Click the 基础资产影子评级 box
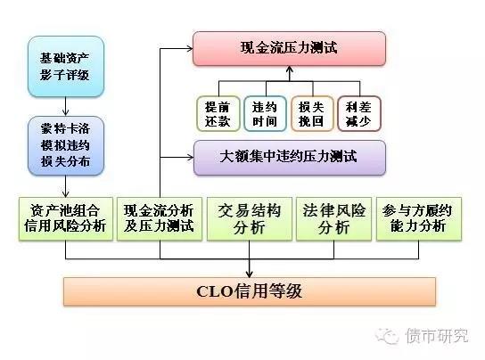point(66,67)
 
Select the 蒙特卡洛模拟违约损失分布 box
point(66,145)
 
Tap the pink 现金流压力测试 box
point(289,48)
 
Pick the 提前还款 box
point(218,114)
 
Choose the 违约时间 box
point(265,114)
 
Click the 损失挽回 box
point(312,114)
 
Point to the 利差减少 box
point(358,114)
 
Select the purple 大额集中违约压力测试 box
point(290,158)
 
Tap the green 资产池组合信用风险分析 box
point(66,218)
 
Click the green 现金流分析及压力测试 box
point(160,218)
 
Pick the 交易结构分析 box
point(250,218)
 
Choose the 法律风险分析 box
point(334,218)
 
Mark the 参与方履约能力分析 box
point(419,218)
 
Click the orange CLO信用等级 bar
point(250,291)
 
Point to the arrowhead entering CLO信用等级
point(250,274)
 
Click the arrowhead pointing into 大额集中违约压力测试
point(190,158)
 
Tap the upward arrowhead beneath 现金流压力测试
point(290,70)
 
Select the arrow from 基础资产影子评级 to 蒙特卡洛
point(66,106)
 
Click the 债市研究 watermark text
point(437,336)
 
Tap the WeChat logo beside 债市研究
point(387,336)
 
